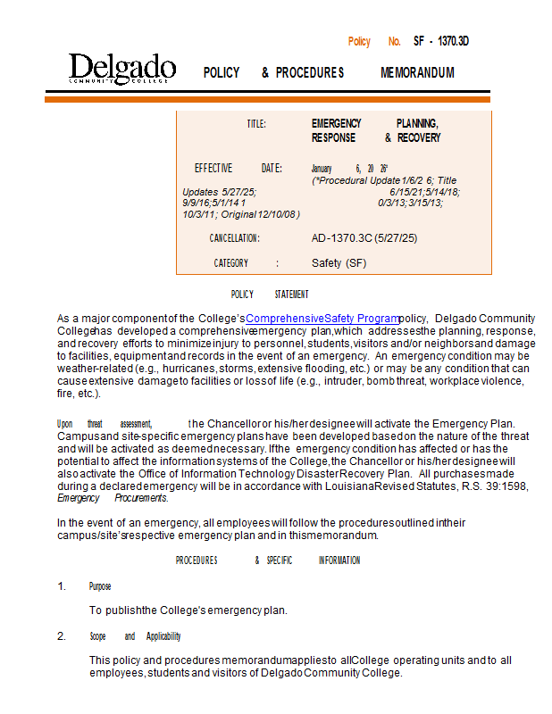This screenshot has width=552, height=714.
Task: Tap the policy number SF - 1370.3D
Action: point(441,41)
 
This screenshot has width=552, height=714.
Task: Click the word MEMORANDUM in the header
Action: point(417,72)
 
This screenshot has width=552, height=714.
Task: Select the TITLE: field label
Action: point(256,123)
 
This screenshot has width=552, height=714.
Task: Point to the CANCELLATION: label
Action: point(235,238)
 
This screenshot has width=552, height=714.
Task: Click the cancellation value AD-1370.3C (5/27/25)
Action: point(364,238)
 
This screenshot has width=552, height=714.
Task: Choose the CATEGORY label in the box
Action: point(231,263)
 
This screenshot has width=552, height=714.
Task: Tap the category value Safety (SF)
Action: point(339,263)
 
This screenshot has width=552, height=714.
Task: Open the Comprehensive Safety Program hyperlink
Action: point(322,318)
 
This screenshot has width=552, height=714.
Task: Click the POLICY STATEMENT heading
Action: point(270,295)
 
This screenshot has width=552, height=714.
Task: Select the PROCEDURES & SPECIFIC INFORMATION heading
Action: point(268,560)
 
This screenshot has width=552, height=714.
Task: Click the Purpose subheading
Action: point(100,586)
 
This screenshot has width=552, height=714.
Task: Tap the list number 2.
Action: point(62,636)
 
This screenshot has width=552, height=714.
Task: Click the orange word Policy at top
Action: point(359,41)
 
